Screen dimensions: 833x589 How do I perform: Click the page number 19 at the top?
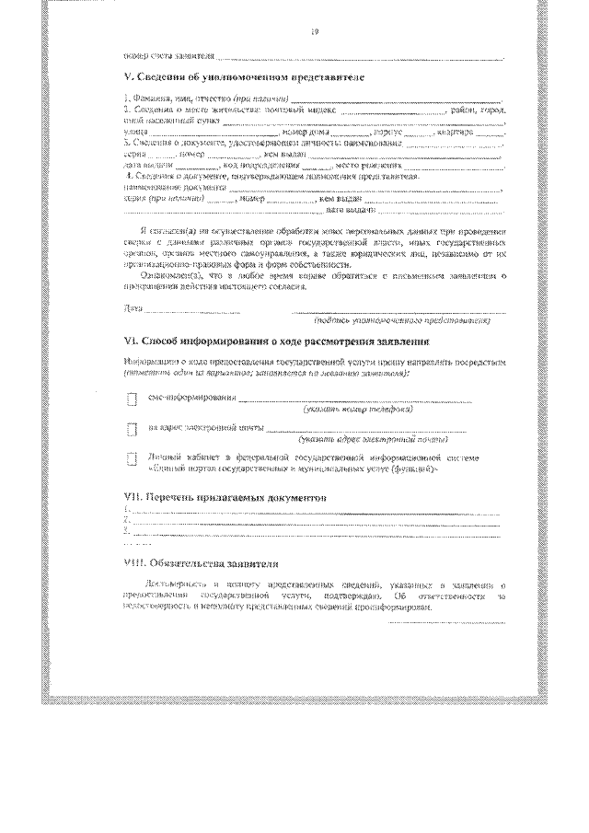314,35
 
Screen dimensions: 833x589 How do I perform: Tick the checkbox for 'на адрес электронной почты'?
131,429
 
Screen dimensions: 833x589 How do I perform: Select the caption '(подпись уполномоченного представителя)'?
402,321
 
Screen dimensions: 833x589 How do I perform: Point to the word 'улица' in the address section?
134,133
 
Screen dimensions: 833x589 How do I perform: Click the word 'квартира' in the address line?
467,133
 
